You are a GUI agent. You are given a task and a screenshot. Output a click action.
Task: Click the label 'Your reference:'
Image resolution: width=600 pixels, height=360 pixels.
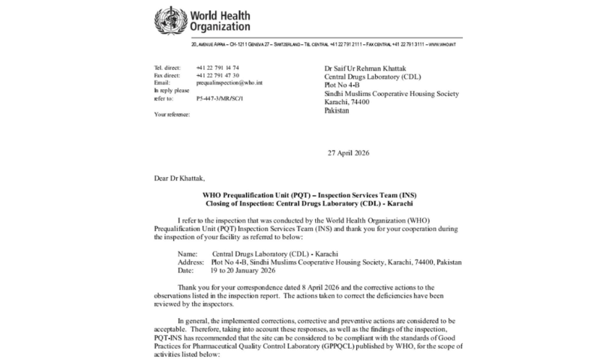tap(172, 114)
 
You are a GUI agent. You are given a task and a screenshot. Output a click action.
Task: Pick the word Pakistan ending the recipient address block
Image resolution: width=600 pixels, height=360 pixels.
tap(339, 110)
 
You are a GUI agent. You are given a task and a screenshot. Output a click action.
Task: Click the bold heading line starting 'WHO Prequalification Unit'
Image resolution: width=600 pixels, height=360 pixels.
tap(299, 195)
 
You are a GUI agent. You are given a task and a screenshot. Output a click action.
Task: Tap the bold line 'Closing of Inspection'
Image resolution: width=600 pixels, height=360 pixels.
tap(299, 203)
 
